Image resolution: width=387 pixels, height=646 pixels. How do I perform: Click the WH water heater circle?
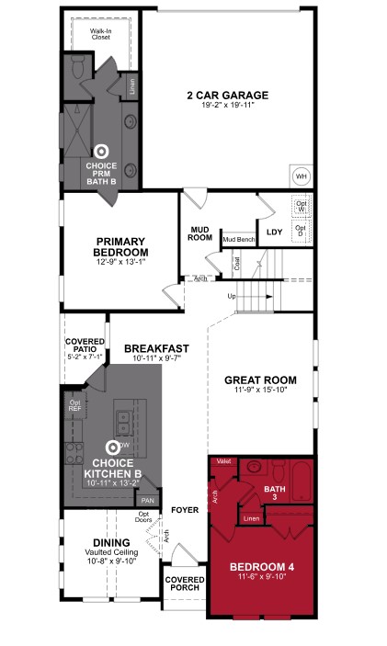coord(301,176)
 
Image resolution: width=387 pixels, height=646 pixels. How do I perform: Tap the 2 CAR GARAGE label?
coord(227,95)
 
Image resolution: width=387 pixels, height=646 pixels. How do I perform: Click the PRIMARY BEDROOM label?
coord(121,245)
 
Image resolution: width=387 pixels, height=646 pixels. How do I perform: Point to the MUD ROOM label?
coord(201,233)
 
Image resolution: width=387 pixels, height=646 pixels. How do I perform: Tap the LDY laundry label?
coord(274,232)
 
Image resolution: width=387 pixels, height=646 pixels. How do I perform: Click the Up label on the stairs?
coord(232,296)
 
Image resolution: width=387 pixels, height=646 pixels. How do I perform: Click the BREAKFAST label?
coord(156,348)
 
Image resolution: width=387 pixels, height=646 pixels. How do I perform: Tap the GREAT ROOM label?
coord(261,380)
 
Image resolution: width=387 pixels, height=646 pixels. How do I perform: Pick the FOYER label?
coord(185,508)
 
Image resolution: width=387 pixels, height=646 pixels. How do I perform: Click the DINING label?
coord(111,542)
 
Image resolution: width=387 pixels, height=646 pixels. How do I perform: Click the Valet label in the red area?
coord(222,460)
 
